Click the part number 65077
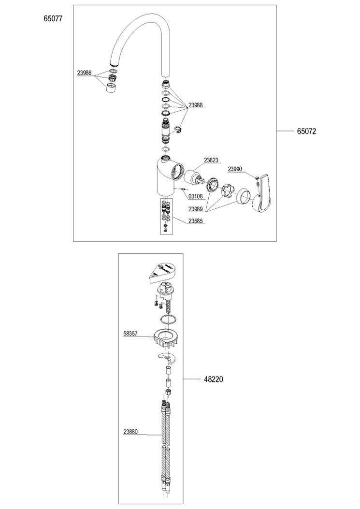53,18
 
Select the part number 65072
306,131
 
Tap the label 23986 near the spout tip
85,73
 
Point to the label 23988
195,105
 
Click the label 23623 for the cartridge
211,160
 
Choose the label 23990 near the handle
235,169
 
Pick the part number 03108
195,197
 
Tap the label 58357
131,334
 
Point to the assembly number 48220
213,379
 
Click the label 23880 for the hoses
130,432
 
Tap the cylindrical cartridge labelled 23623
194,177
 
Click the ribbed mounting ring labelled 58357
165,337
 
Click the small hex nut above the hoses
168,392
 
